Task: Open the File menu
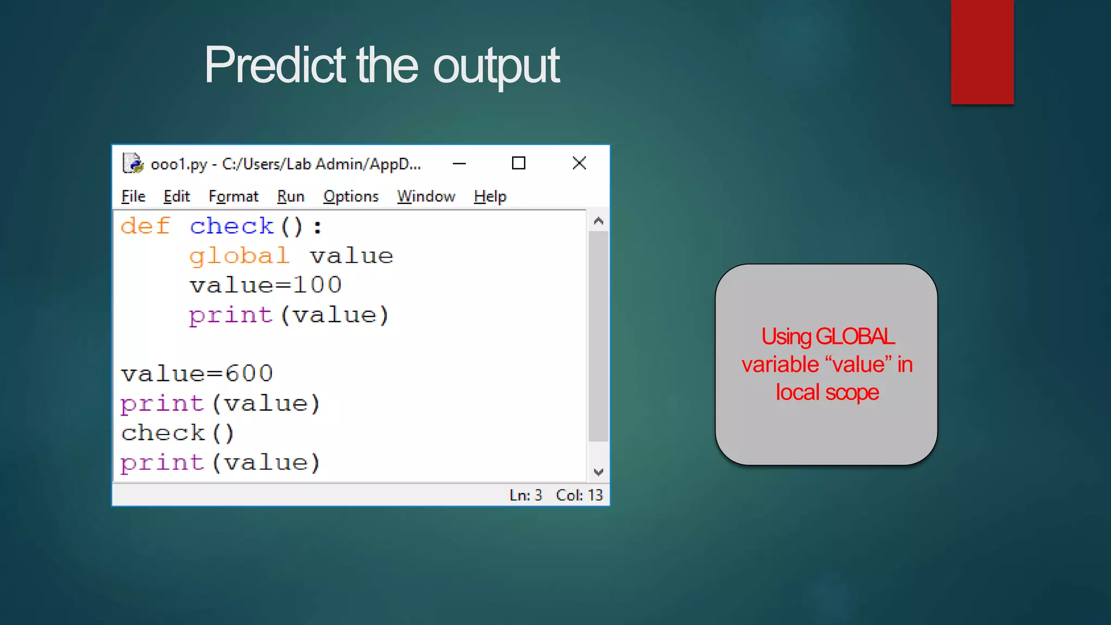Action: tap(133, 196)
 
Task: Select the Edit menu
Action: tap(177, 196)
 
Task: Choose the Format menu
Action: tap(233, 196)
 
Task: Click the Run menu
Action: tap(291, 196)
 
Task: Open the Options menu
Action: tap(351, 196)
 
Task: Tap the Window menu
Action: tap(426, 196)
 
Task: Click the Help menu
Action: tap(490, 196)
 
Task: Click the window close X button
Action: tap(579, 163)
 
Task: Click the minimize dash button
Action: tap(459, 163)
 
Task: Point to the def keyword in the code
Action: tap(145, 226)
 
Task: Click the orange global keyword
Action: tap(239, 256)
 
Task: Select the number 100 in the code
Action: tap(318, 285)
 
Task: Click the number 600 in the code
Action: tap(249, 374)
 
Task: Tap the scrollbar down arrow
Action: tap(598, 472)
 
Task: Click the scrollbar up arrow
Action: tap(598, 221)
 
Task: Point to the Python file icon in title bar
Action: tap(133, 163)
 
